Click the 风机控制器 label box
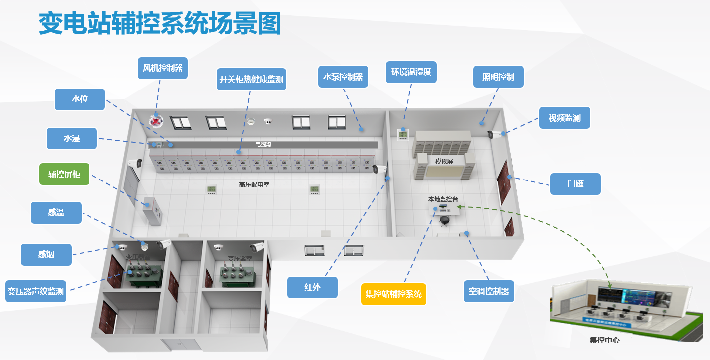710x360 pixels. [163, 68]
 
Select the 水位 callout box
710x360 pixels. [80, 99]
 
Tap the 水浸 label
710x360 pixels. [72, 139]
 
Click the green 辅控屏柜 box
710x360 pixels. [64, 174]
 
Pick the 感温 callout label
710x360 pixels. [56, 213]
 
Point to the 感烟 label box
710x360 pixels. [46, 255]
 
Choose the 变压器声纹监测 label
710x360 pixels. [36, 291]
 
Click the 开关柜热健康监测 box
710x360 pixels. [252, 79]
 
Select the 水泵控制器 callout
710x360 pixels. [343, 77]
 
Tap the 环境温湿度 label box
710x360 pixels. [411, 72]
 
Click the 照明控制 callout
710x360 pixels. [498, 77]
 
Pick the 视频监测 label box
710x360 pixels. [565, 118]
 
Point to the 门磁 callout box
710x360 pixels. [575, 184]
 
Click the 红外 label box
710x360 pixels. [312, 287]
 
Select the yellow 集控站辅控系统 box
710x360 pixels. [393, 294]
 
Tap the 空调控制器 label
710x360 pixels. [489, 291]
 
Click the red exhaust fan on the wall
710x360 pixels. [157, 120]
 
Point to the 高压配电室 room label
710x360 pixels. [254, 185]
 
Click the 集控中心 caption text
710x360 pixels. [604, 341]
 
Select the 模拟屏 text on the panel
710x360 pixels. [444, 161]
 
